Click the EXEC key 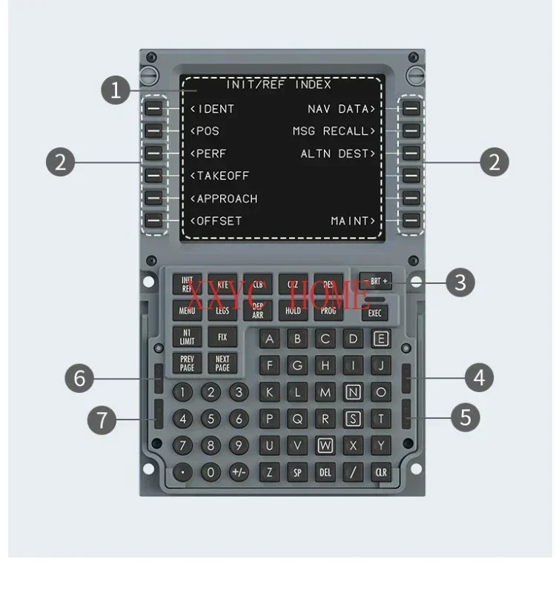pos(375,314)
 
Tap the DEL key pos(325,471)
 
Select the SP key pos(297,471)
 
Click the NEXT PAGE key pos(222,363)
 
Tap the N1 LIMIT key pos(187,337)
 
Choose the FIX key pos(222,337)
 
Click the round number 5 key pos(211,419)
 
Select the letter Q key pos(297,419)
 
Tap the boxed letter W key pos(325,445)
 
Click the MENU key pos(187,311)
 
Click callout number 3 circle pos(460,282)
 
